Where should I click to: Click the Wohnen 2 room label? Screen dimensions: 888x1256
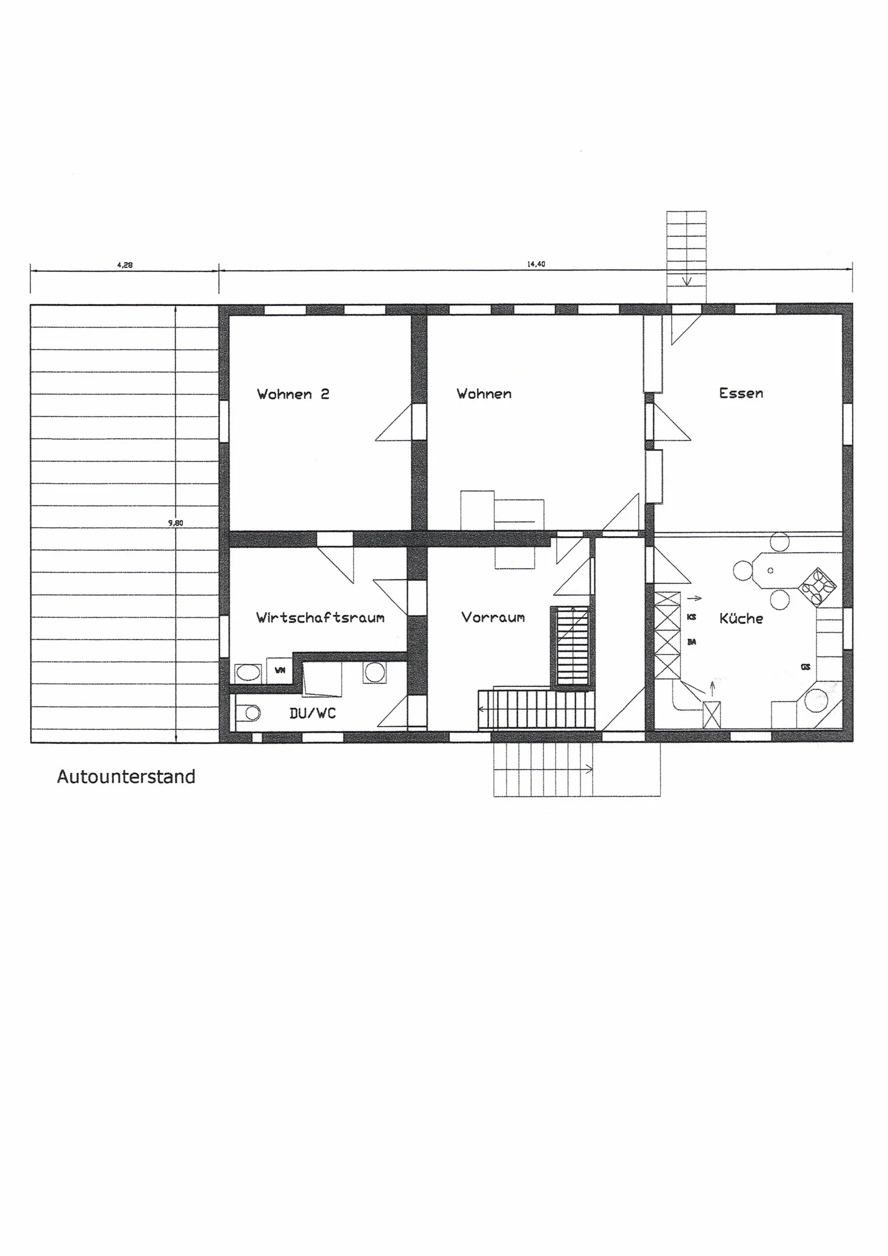coord(293,394)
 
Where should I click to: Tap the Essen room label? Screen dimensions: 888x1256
coord(741,393)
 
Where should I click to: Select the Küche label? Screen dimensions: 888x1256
coord(741,618)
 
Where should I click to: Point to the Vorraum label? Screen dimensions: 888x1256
coord(493,617)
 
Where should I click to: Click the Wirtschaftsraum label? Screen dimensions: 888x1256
coord(320,617)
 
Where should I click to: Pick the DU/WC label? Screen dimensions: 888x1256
coord(313,713)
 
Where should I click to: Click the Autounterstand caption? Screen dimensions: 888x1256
coord(126,777)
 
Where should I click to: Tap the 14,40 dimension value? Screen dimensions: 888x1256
coord(536,264)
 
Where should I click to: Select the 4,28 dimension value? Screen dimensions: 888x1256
coord(125,265)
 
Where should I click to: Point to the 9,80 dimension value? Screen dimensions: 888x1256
coord(176,523)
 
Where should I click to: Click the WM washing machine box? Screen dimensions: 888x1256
coord(279,670)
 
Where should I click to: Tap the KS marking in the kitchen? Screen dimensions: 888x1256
coord(691,617)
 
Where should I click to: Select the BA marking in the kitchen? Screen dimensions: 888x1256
coord(691,642)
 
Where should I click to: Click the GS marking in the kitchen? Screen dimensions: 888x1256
coord(805,667)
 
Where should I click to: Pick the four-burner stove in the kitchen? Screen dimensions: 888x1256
coord(817,587)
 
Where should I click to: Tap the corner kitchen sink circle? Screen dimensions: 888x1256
coord(818,702)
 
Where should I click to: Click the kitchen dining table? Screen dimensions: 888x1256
coord(770,571)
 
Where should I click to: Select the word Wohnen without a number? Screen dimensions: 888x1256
coord(484,394)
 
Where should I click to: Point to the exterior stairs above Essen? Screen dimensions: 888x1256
coord(686,257)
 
